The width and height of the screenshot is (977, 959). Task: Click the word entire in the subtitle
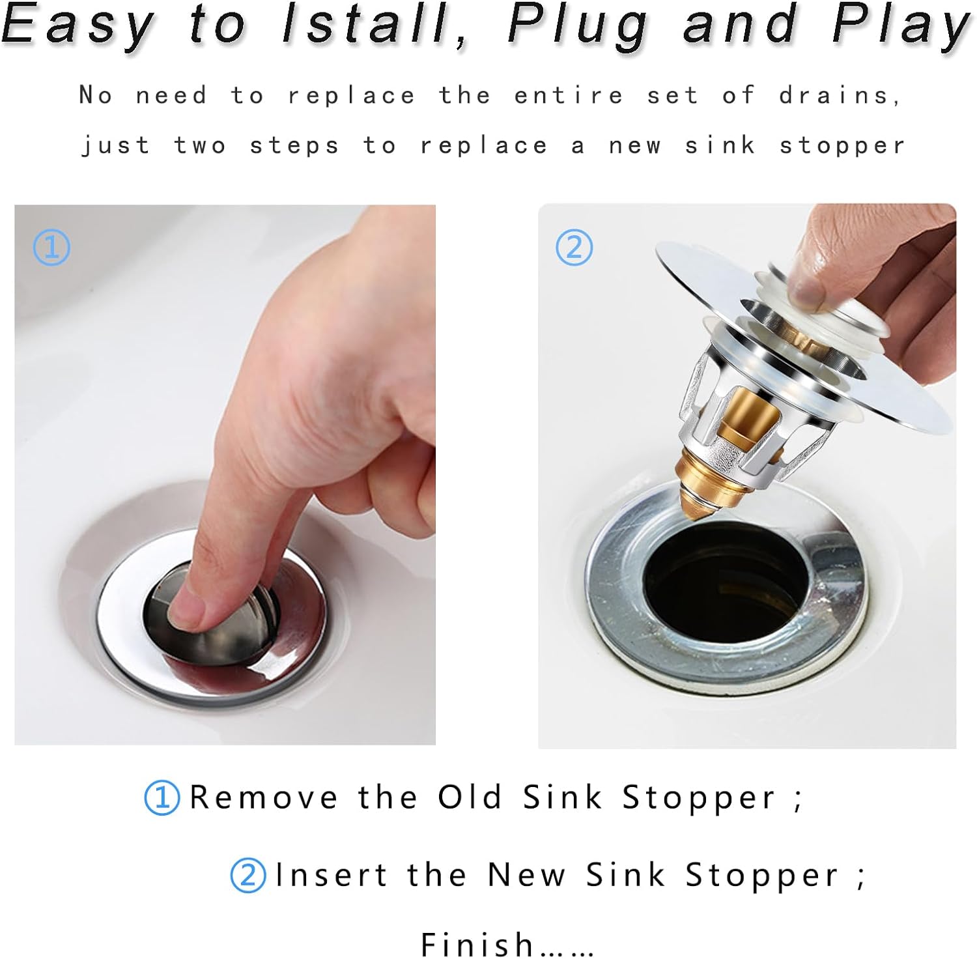click(569, 96)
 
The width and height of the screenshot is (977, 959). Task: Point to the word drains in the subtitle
click(840, 96)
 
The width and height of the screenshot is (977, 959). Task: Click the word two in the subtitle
click(200, 145)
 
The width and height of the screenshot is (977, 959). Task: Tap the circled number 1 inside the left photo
click(51, 248)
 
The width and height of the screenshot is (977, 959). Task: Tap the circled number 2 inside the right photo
click(574, 248)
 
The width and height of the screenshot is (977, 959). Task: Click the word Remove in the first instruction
click(264, 797)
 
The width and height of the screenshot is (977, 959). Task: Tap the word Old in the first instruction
click(470, 797)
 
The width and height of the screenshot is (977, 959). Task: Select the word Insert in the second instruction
click(332, 875)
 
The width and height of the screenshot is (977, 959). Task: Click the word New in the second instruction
click(527, 875)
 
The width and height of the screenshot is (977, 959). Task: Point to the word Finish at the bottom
click(478, 944)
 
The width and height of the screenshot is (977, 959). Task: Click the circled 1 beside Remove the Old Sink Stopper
click(162, 797)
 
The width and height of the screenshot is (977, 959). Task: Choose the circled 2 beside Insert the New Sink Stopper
click(248, 875)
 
